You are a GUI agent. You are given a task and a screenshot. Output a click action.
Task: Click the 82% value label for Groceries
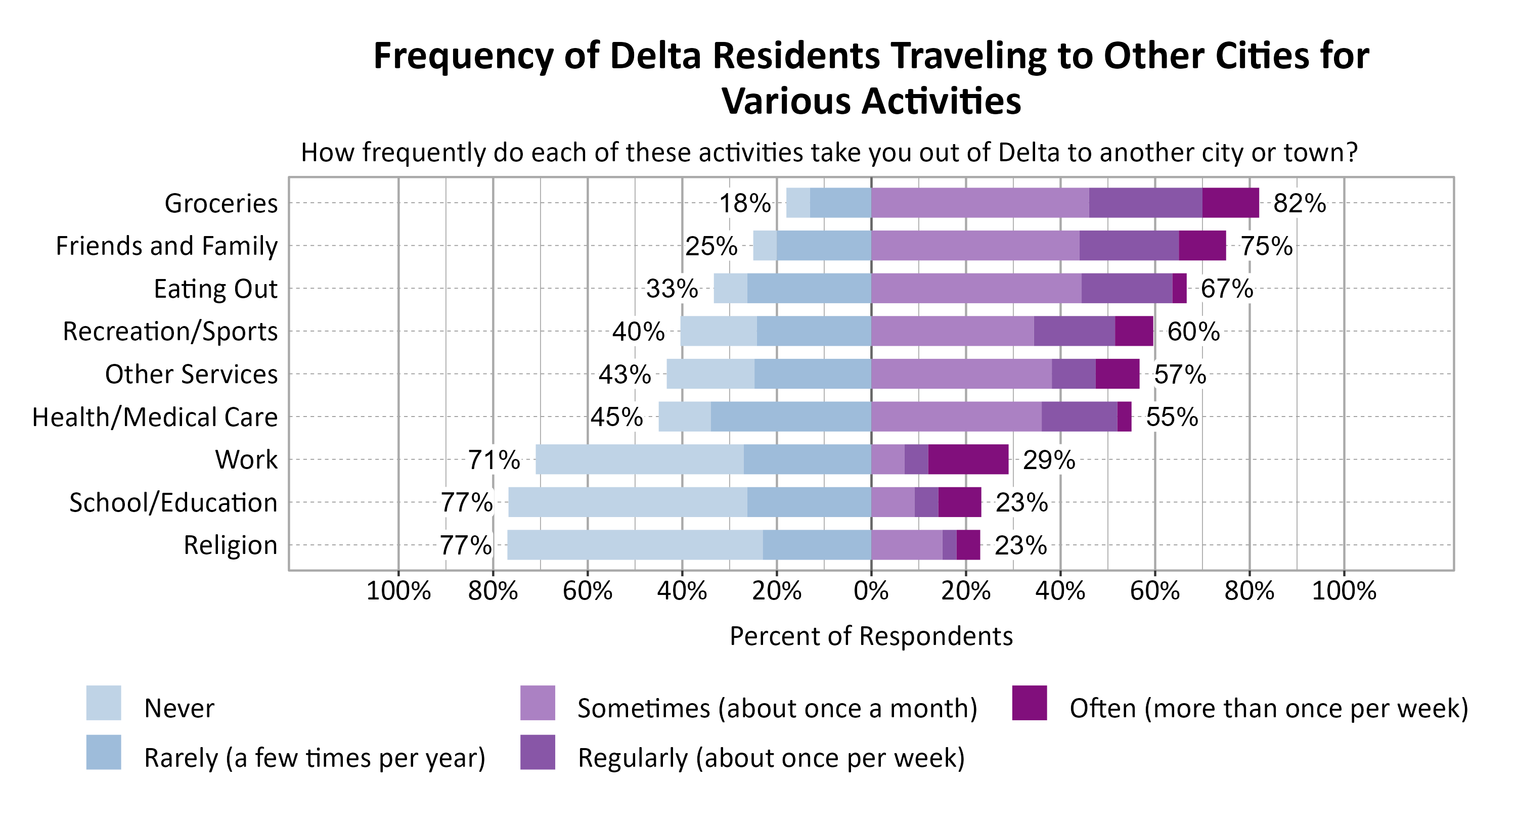[x=1299, y=204]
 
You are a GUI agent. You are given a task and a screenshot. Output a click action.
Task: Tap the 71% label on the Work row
[x=494, y=460]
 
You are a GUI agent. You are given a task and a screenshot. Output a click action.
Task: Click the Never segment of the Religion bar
[x=634, y=545]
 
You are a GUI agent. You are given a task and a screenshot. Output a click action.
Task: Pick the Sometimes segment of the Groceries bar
[x=979, y=203]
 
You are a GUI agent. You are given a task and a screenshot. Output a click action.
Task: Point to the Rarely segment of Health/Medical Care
[x=790, y=416]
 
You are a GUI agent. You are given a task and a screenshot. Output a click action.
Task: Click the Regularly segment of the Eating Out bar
[x=1126, y=289]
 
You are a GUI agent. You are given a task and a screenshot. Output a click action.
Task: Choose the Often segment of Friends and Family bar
[x=1202, y=246]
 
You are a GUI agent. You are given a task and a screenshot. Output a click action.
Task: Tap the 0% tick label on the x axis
[x=871, y=591]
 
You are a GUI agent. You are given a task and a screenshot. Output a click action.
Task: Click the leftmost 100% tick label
[x=398, y=591]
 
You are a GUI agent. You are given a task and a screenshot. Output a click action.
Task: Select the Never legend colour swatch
[x=104, y=703]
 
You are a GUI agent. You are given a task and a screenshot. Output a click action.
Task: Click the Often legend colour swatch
[x=1030, y=703]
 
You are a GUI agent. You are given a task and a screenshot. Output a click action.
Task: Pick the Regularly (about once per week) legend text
[x=771, y=758]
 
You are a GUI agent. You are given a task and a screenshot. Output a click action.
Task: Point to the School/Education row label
[x=173, y=502]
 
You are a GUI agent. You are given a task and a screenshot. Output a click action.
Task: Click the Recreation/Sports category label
[x=170, y=332]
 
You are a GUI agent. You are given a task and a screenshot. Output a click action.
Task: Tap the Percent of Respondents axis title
[x=871, y=636]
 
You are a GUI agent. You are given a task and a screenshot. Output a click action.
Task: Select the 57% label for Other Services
[x=1180, y=375]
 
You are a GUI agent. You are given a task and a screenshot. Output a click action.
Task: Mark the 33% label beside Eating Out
[x=672, y=289]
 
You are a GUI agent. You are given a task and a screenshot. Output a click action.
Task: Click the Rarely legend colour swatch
[x=104, y=752]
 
